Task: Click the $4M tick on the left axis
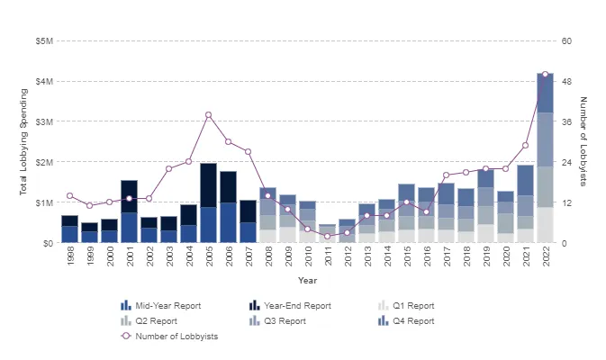43,81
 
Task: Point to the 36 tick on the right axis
566,121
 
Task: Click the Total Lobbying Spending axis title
23,141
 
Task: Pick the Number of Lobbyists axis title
583,141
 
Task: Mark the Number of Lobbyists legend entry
176,336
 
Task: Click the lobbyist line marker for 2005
209,115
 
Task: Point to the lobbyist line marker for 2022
545,75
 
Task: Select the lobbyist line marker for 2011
328,236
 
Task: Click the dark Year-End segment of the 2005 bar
209,185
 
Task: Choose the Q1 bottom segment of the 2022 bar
545,225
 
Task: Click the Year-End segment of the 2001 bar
129,196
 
